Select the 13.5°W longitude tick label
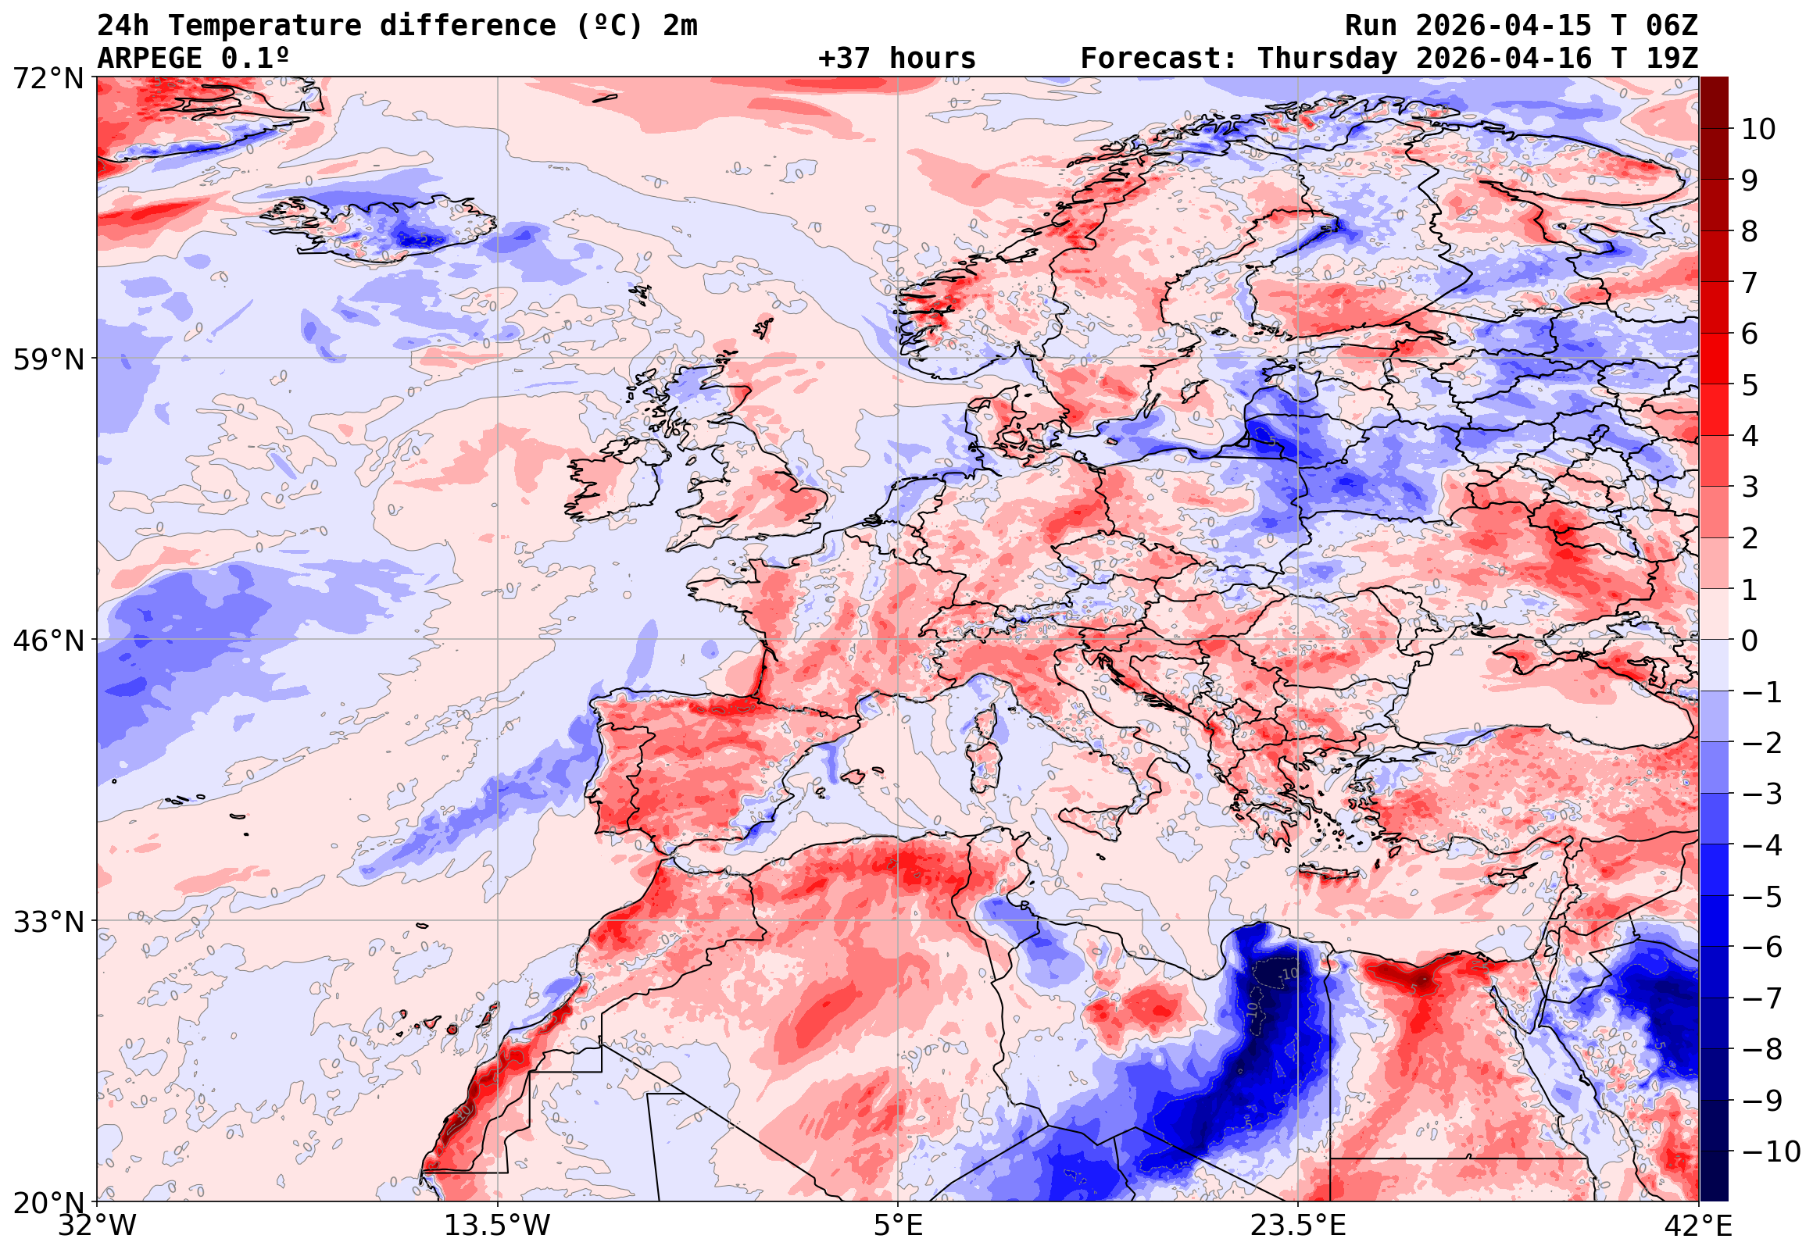(498, 1226)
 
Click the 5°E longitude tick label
(897, 1226)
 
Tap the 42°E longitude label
(1697, 1226)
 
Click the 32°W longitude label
(98, 1226)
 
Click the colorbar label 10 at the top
(1758, 130)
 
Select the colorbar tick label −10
(1771, 1151)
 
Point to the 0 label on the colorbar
(1750, 641)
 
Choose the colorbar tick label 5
(1750, 385)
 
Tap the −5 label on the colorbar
(1762, 897)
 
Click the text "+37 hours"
(896, 59)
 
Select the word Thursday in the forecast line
(1327, 59)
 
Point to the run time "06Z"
(1672, 26)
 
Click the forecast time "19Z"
(1672, 59)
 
